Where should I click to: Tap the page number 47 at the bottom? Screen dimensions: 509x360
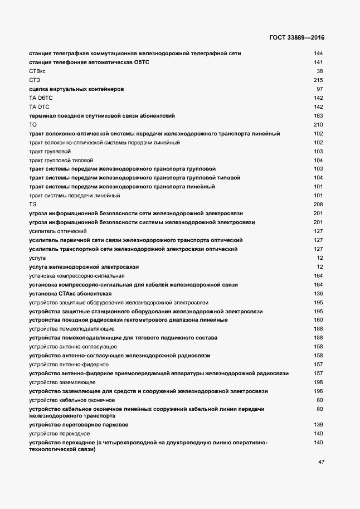click(x=321, y=462)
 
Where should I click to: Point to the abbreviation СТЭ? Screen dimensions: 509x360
click(x=35, y=80)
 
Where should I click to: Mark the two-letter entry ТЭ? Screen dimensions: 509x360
click(x=32, y=205)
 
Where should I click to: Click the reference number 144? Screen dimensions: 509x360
click(x=319, y=54)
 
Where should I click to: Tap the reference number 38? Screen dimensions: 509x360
click(x=320, y=71)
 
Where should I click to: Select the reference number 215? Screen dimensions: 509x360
click(x=319, y=80)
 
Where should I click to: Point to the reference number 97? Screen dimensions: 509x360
click(x=320, y=89)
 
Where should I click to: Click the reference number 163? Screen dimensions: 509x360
click(x=319, y=115)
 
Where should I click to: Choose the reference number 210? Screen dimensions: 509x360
click(x=319, y=124)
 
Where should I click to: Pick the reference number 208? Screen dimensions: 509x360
click(x=319, y=205)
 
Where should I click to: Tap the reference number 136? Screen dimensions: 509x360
click(x=319, y=293)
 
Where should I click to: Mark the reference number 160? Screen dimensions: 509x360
click(x=319, y=320)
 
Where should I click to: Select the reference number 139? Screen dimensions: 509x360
click(x=319, y=425)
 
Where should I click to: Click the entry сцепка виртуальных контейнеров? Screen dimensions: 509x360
click(x=76, y=89)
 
